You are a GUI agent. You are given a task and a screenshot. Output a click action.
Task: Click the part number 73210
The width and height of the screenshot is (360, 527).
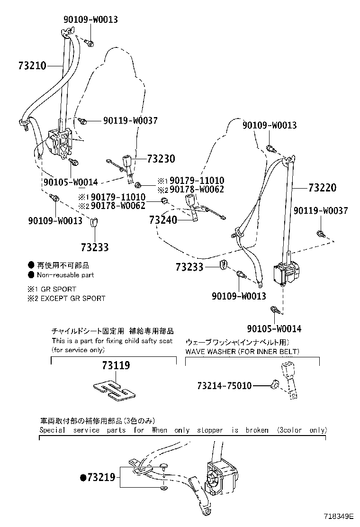[x=32, y=65]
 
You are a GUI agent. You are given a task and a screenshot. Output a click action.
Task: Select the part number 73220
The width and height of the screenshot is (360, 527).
[x=323, y=187]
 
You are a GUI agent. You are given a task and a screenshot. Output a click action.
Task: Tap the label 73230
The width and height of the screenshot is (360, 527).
[x=161, y=158]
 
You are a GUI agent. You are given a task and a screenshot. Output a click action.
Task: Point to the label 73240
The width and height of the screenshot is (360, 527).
[x=163, y=220]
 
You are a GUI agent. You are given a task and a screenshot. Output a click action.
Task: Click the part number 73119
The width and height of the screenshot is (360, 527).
[x=116, y=365]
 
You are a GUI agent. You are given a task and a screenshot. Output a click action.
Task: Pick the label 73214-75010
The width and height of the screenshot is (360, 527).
[x=225, y=385]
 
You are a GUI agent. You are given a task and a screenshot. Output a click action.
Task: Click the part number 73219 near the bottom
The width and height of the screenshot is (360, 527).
[x=101, y=477]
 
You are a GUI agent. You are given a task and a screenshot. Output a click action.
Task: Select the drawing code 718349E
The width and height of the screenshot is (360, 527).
[x=339, y=516]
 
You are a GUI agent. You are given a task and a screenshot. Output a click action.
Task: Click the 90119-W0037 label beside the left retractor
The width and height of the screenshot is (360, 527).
[x=130, y=120]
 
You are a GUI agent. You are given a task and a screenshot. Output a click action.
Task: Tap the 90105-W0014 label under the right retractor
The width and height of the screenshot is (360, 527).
[x=274, y=328]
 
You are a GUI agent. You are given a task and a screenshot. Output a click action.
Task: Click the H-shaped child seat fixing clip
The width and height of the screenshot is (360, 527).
[x=114, y=391]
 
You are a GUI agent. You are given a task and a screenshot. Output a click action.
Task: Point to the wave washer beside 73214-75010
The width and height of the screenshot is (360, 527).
[x=275, y=383]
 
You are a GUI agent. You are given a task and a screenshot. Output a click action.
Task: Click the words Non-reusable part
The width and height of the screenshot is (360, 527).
[x=65, y=275]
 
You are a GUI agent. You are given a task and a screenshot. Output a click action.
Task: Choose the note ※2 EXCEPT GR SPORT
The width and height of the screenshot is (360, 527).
[x=66, y=298]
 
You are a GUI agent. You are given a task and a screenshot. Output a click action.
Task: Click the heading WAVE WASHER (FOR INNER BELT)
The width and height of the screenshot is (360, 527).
[x=242, y=352]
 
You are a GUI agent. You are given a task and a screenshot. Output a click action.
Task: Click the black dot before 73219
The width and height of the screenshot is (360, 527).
[x=83, y=477]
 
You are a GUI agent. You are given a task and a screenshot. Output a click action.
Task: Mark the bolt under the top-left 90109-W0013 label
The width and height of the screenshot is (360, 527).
[x=89, y=43]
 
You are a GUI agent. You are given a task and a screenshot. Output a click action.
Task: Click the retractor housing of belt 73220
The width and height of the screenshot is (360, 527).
[x=287, y=273]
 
